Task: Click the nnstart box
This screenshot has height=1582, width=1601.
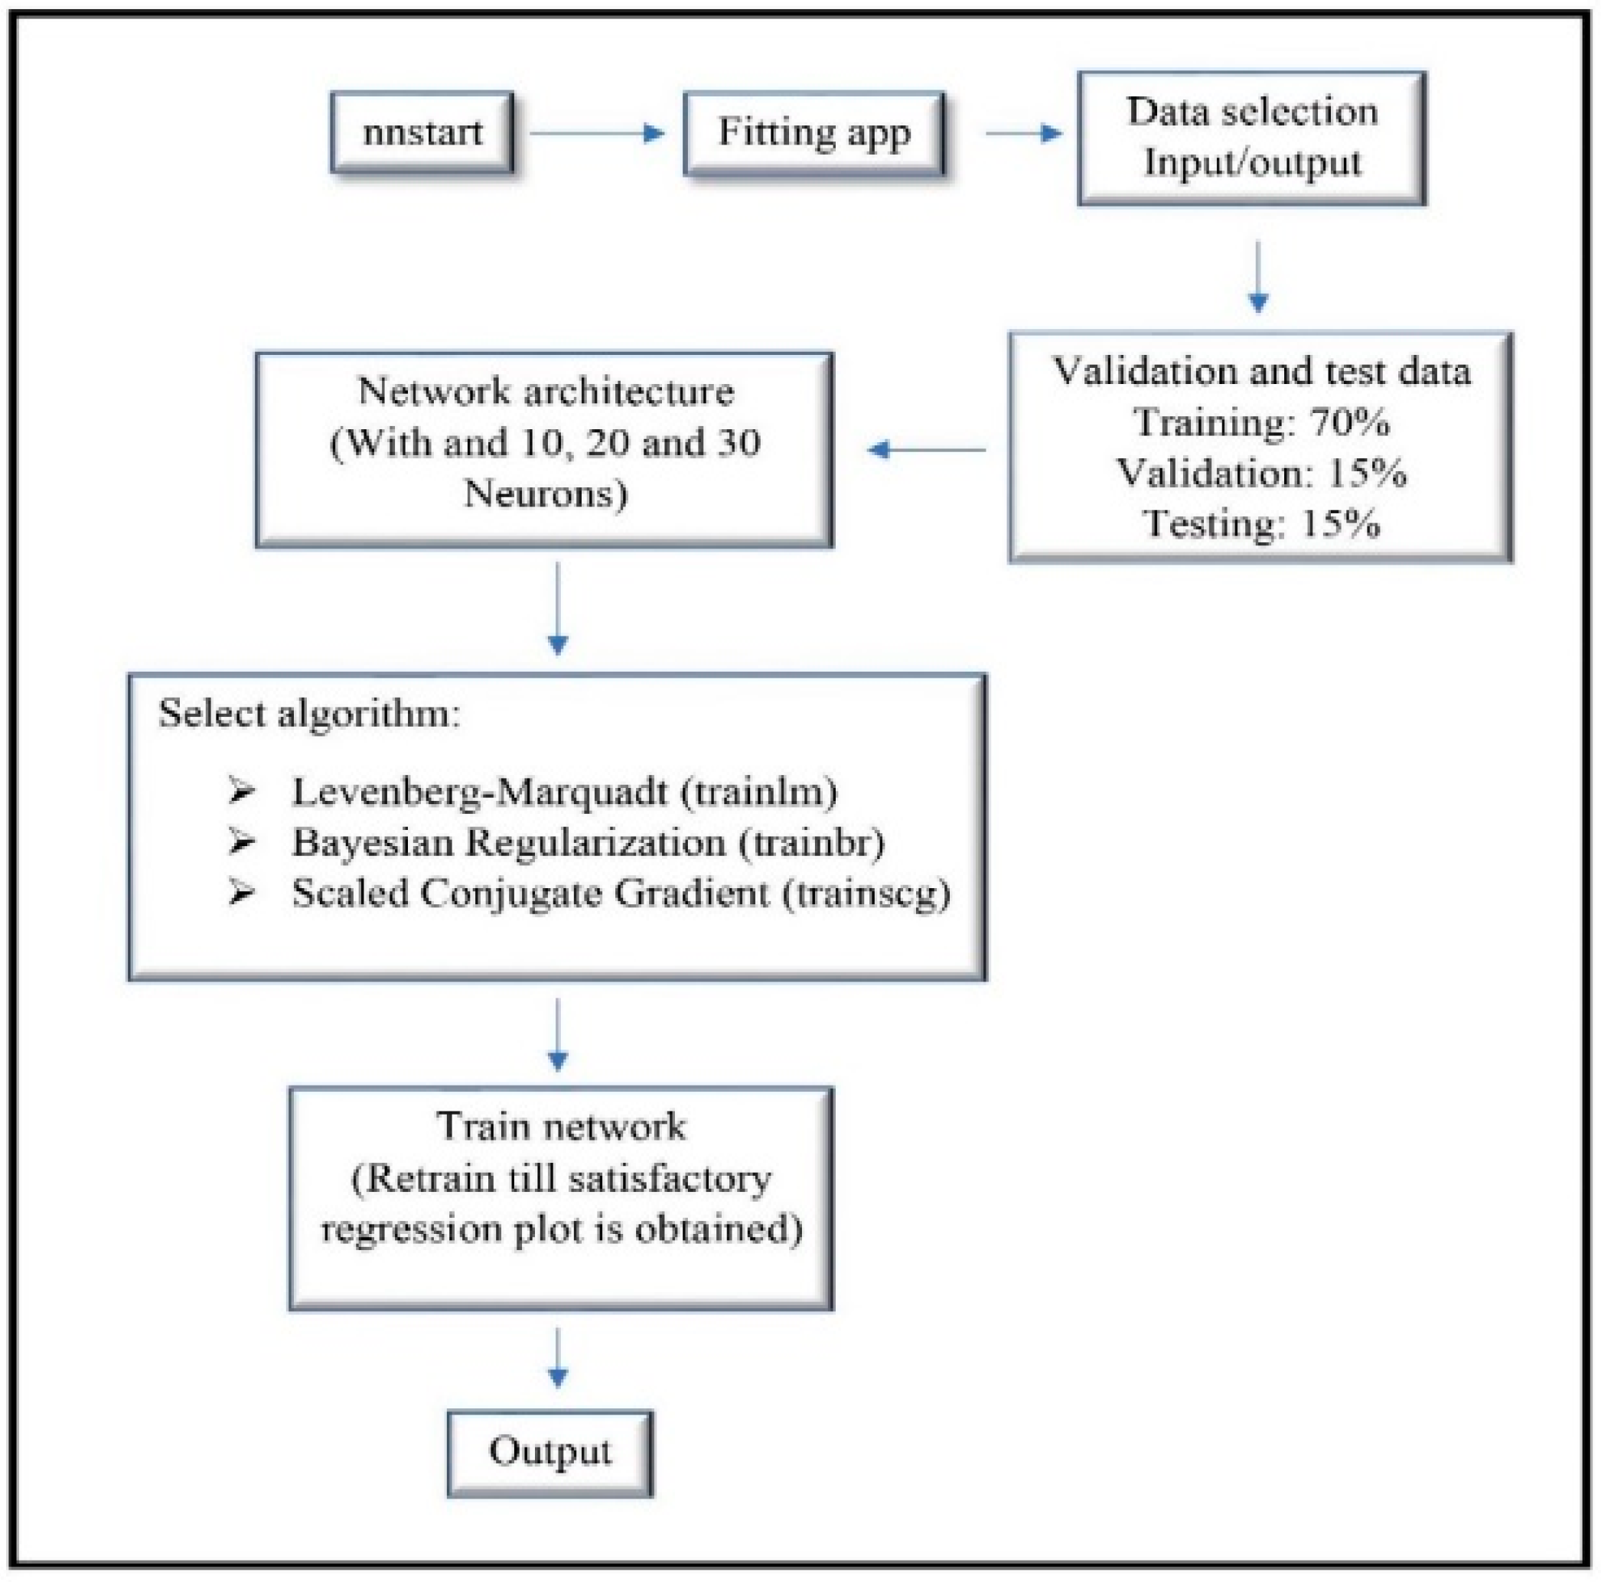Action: [x=422, y=132]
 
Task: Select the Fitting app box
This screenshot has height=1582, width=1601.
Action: [x=814, y=132]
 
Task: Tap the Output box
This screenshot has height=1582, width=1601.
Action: [x=549, y=1451]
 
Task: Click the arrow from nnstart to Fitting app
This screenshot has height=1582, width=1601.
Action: [x=597, y=133]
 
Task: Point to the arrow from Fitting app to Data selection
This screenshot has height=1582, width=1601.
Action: [x=1023, y=133]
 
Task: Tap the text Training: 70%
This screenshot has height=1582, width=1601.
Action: [x=1260, y=422]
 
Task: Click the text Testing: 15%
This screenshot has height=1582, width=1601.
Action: [x=1260, y=523]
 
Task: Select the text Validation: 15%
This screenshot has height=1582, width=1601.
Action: [x=1260, y=473]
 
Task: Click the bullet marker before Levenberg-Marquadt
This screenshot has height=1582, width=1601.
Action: [x=241, y=793]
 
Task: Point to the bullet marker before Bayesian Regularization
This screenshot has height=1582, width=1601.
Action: [x=241, y=843]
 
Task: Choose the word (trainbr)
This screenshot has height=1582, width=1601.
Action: [x=811, y=843]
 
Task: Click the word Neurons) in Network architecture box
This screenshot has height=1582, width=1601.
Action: [x=545, y=494]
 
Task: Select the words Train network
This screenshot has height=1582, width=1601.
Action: [x=561, y=1127]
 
